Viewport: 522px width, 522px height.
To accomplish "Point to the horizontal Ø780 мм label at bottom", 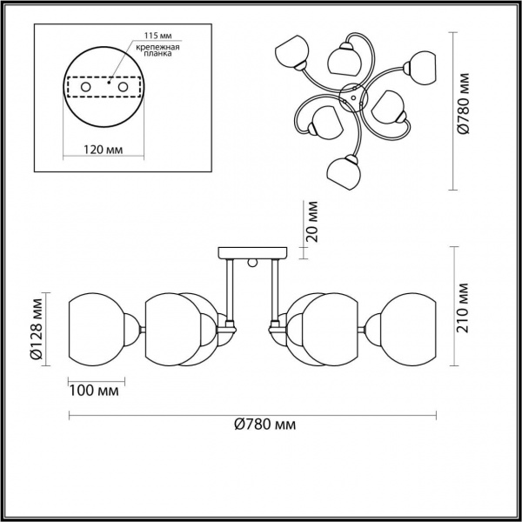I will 264,425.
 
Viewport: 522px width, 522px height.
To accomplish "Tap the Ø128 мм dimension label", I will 37,330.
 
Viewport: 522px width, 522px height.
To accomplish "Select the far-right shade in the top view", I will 423,67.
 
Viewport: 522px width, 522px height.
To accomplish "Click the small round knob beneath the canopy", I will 252,263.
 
